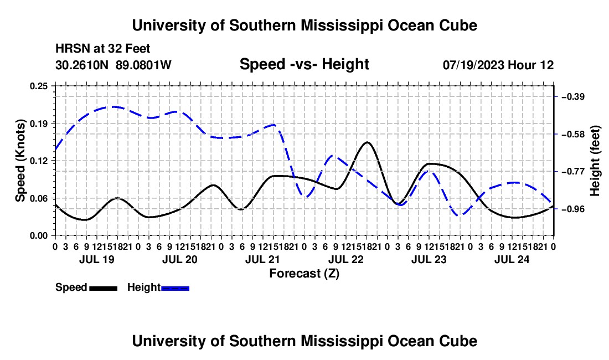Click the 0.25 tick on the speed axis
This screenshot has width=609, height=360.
[39, 86]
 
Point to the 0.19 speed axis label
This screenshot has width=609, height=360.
[39, 124]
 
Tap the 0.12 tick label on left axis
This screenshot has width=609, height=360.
[39, 161]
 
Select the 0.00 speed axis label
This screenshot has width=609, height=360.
[39, 235]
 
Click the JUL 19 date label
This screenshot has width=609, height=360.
[97, 259]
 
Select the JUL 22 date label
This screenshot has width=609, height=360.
[346, 259]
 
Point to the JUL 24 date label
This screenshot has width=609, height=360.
[512, 259]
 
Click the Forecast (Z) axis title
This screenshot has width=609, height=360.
[304, 274]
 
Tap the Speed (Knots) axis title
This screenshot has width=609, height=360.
[20, 161]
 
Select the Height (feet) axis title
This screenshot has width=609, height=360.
[595, 161]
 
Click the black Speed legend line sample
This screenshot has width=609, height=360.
[104, 289]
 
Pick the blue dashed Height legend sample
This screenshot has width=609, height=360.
[175, 289]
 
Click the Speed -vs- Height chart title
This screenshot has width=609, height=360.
[304, 64]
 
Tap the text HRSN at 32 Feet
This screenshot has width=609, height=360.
[102, 49]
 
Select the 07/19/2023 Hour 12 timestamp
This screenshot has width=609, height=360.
[498, 65]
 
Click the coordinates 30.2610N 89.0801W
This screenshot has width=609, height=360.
[113, 65]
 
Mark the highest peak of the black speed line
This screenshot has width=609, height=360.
[367, 142]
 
